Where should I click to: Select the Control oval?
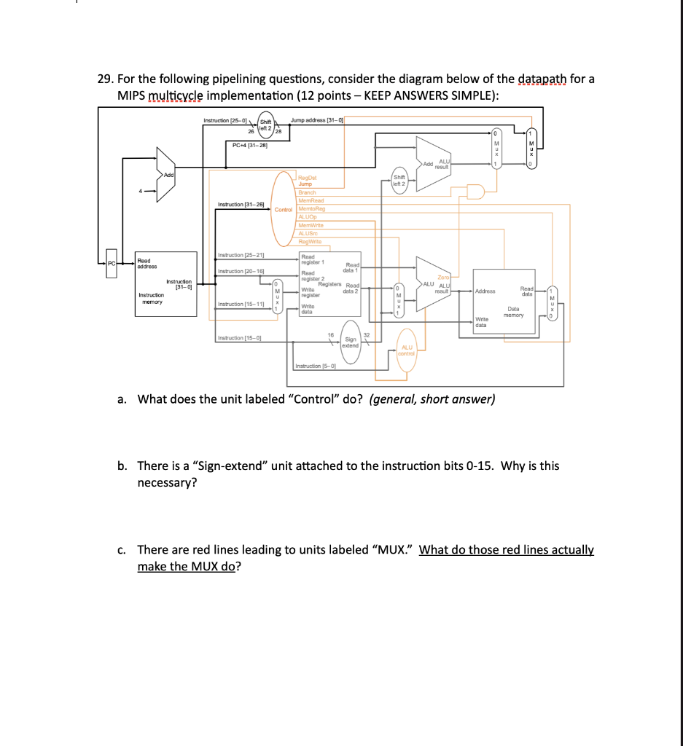[284, 209]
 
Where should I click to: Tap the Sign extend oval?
[351, 342]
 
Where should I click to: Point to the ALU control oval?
[407, 351]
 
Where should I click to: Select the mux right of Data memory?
[552, 304]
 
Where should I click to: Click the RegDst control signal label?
[306, 177]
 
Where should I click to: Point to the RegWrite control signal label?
[311, 241]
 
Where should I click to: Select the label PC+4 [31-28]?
[248, 145]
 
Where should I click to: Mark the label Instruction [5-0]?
[316, 366]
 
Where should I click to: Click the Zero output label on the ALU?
[443, 277]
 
